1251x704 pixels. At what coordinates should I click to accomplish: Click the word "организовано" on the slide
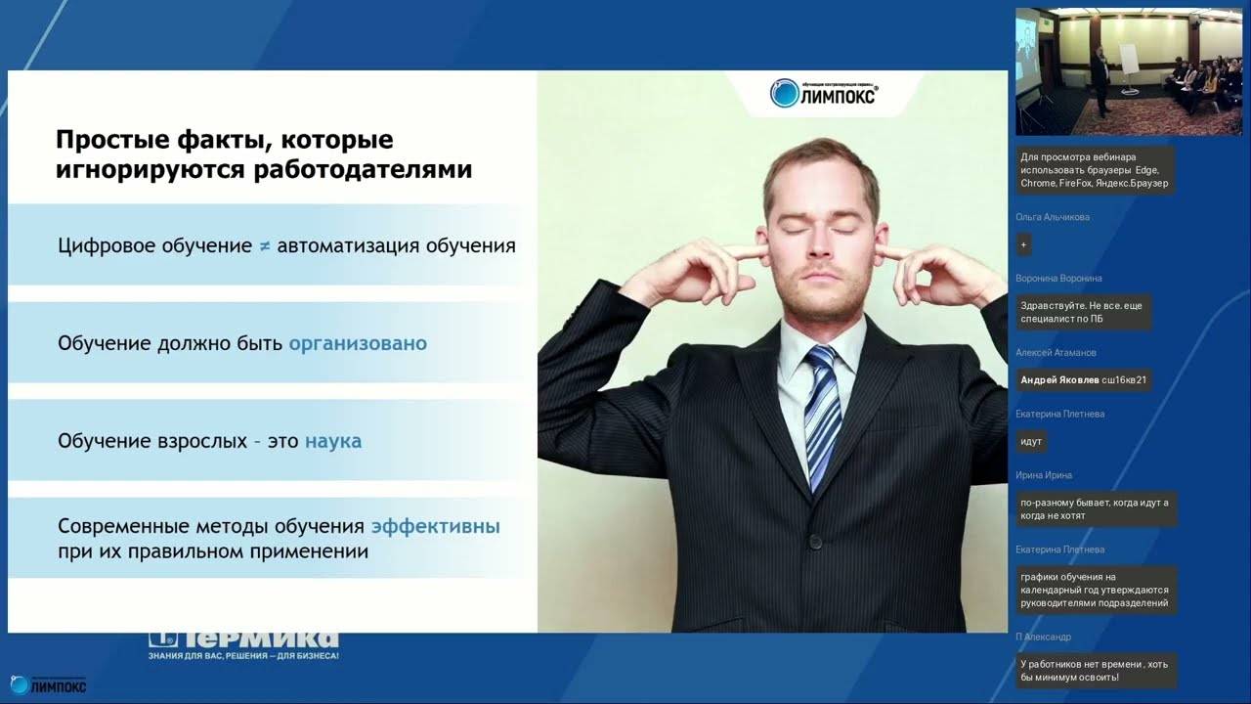click(x=358, y=344)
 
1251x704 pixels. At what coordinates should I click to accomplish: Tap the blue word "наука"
click(x=333, y=441)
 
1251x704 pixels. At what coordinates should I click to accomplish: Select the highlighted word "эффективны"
click(x=435, y=527)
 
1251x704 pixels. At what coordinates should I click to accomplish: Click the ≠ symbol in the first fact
click(x=265, y=246)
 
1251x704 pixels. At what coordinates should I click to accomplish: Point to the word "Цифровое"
click(x=106, y=245)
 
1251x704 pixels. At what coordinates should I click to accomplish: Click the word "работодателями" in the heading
click(x=363, y=170)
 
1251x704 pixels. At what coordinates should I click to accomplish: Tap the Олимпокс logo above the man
click(x=823, y=93)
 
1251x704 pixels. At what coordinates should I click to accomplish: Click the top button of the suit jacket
click(x=814, y=540)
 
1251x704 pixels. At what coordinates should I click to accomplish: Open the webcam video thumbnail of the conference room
click(x=1128, y=71)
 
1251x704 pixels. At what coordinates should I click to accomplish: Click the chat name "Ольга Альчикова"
click(x=1053, y=217)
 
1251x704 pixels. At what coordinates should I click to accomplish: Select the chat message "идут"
click(x=1031, y=442)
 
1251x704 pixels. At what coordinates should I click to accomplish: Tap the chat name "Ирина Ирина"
click(x=1044, y=475)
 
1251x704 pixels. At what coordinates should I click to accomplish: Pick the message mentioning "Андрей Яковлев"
click(x=1083, y=380)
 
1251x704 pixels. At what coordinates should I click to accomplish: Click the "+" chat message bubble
click(x=1024, y=244)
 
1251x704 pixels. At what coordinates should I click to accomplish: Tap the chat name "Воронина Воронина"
click(x=1058, y=279)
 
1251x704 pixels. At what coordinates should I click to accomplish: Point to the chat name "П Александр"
click(x=1044, y=637)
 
